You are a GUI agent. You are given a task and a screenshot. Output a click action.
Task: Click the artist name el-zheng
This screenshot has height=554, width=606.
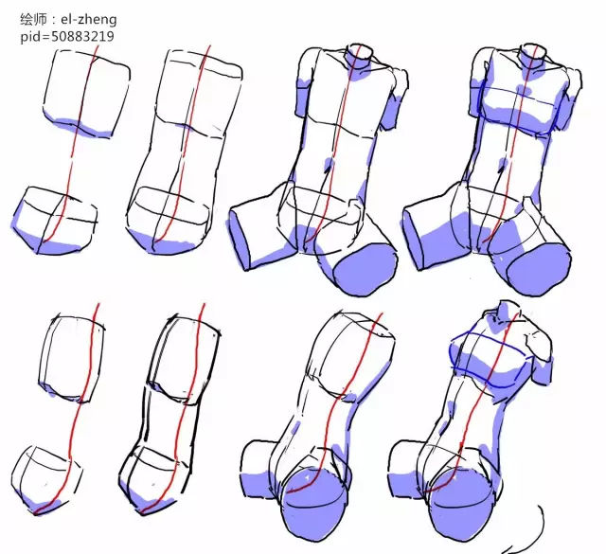88,19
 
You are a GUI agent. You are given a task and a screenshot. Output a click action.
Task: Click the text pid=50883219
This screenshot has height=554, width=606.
67,36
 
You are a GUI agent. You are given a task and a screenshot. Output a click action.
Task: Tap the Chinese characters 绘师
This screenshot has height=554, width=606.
33,19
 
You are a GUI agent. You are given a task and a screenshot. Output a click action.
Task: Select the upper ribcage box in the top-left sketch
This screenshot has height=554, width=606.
86,93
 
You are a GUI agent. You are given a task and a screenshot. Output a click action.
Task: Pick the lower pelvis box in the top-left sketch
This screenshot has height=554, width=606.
54,221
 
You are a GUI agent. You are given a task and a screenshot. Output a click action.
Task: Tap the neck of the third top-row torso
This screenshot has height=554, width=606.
360,56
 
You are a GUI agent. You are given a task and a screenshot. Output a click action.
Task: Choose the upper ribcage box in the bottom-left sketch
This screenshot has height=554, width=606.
72,358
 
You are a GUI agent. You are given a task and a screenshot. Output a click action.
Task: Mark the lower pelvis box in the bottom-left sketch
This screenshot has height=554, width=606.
46,480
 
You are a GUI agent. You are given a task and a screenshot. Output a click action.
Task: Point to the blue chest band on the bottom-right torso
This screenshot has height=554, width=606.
489,360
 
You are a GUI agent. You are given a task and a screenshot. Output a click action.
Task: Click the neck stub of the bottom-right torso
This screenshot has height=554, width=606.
504,311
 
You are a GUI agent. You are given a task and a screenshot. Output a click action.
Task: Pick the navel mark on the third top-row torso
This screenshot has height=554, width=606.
329,166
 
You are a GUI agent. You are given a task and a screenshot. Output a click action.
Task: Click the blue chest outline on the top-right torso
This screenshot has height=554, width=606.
519,110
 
